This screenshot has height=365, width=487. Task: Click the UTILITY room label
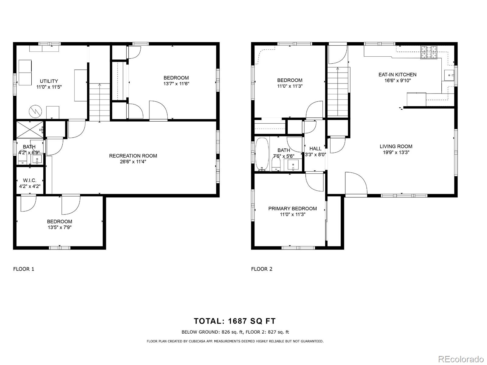(x=49, y=81)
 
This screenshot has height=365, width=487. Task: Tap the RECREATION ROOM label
(x=133, y=156)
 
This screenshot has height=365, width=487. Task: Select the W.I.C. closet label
(x=30, y=180)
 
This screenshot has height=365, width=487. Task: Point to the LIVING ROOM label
(x=396, y=146)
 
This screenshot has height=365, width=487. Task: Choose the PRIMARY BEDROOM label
(x=292, y=208)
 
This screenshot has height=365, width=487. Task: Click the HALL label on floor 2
(x=315, y=148)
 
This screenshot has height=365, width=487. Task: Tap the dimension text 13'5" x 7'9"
(x=59, y=227)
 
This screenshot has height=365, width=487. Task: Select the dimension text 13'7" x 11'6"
(x=176, y=83)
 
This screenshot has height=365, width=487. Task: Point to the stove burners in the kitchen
(x=429, y=52)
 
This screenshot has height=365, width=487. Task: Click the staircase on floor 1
(x=99, y=102)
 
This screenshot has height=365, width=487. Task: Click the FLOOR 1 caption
(x=24, y=269)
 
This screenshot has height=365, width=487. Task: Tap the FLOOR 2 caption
(x=261, y=269)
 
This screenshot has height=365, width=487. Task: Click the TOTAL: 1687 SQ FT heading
(x=235, y=321)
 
